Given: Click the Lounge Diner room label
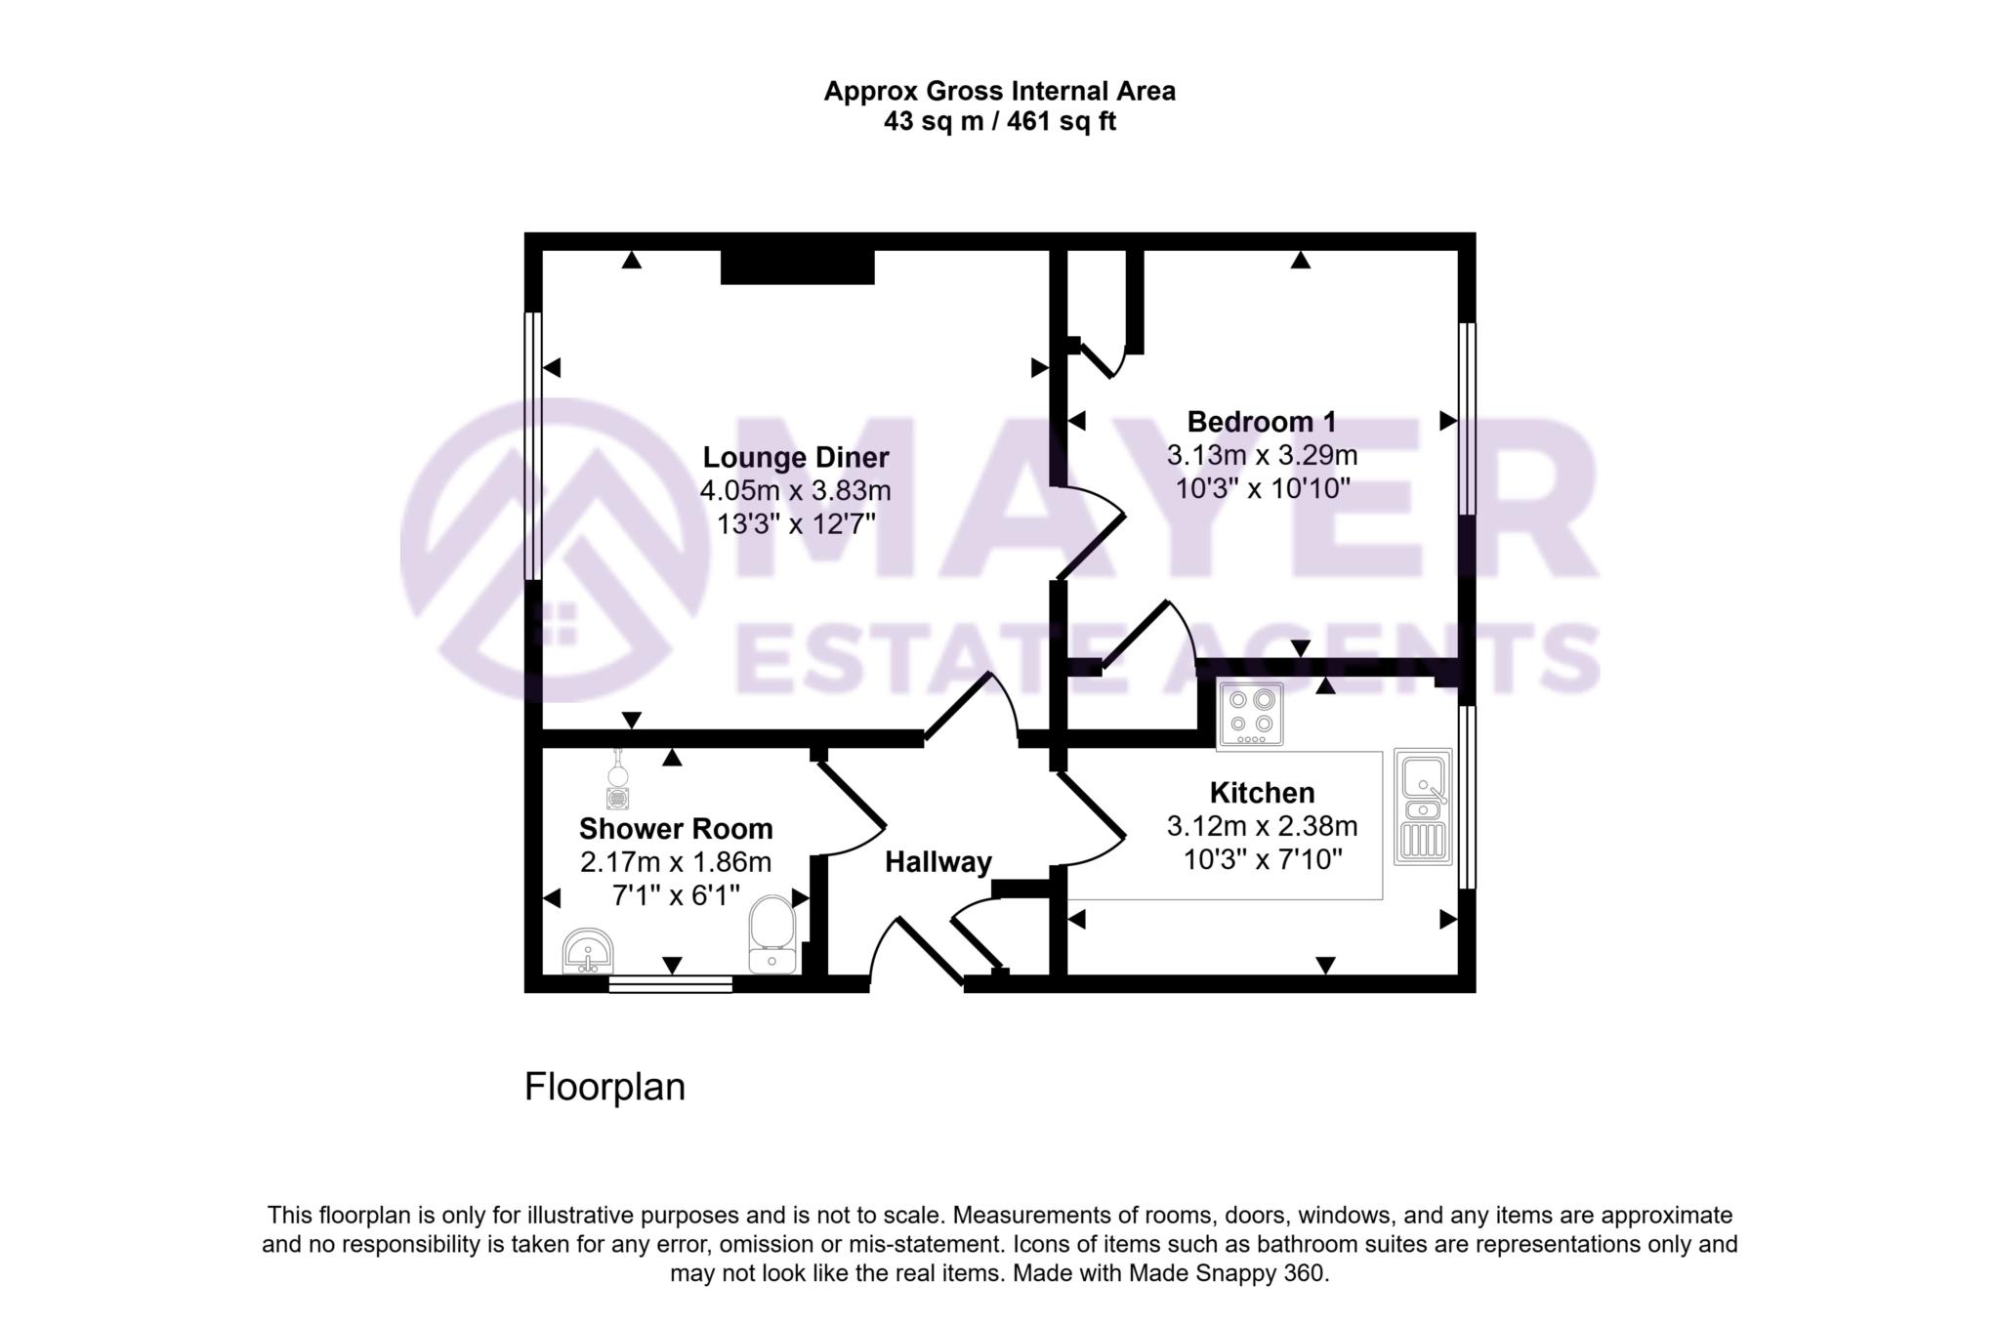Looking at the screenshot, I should [796, 457].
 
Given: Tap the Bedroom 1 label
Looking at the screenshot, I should [1261, 422].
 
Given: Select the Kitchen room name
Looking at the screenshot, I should [1262, 792].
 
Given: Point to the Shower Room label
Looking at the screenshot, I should [676, 828].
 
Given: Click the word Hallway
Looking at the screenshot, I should [938, 862].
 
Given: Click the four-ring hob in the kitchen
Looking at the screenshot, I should [1251, 714].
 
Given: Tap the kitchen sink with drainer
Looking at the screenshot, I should [1423, 807].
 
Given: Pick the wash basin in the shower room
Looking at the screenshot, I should [588, 951].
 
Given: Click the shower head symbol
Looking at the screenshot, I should [617, 780].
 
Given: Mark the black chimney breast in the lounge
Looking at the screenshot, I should [797, 267].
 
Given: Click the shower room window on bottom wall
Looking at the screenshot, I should [670, 983].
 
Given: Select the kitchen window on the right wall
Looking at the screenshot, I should [1467, 797].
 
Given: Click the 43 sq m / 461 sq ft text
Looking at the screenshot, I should [999, 122].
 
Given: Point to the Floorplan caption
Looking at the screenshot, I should [604, 1087].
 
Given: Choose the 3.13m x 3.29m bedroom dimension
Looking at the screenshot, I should [1262, 455].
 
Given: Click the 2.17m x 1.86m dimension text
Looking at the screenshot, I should [676, 862].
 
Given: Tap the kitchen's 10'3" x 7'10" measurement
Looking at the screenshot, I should [1263, 860].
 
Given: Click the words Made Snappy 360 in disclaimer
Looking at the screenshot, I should [1227, 1273].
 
